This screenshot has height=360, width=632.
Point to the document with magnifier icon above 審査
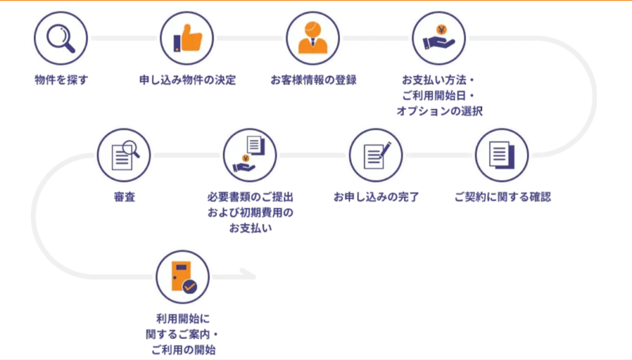(x=124, y=154)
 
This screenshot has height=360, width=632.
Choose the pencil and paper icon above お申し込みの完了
(x=376, y=154)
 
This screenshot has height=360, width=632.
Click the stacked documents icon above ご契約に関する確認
(x=502, y=154)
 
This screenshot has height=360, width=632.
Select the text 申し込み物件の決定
(x=187, y=80)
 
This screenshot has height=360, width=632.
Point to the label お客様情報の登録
(x=313, y=80)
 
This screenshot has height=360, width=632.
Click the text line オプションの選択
(x=439, y=111)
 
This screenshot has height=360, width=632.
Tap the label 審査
(x=124, y=198)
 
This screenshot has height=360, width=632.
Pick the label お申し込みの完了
(x=376, y=198)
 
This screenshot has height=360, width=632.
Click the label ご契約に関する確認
(x=502, y=198)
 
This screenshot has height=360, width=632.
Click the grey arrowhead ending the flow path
(x=251, y=275)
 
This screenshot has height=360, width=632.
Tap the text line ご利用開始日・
(x=439, y=96)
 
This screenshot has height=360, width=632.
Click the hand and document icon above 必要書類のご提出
(x=250, y=154)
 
